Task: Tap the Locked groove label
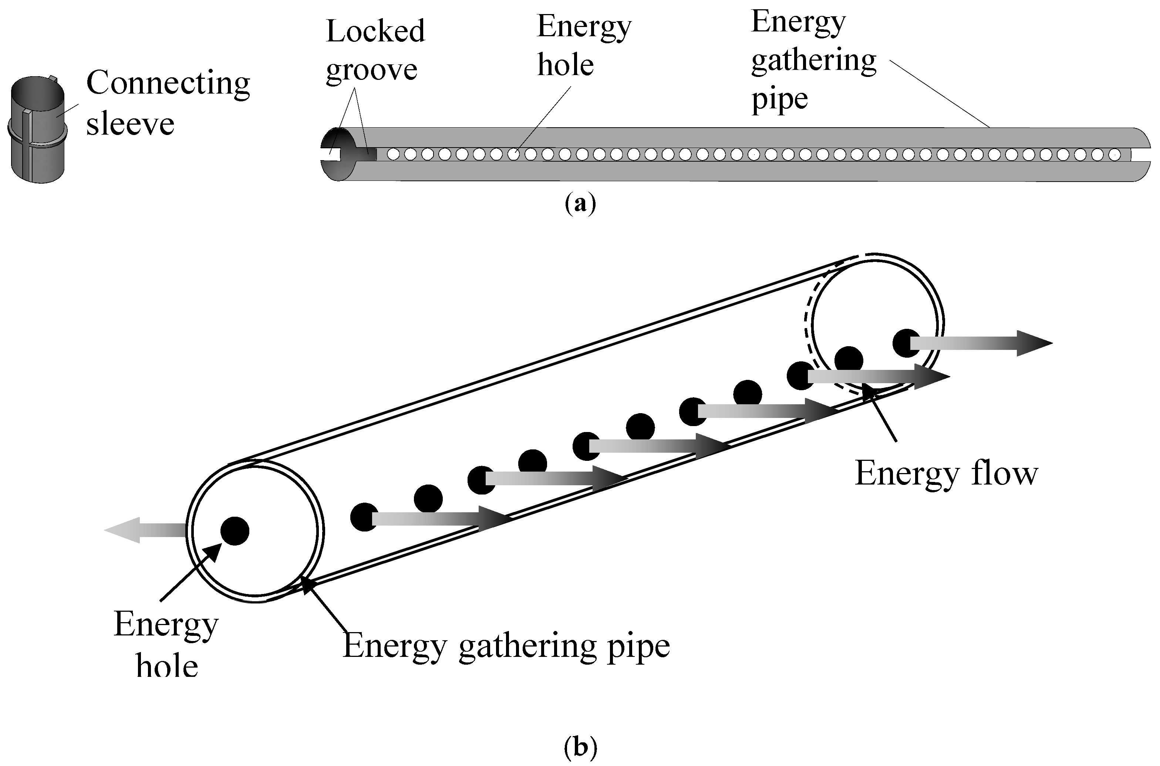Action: [375, 50]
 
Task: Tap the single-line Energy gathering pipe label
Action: [506, 646]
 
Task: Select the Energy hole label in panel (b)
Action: [166, 645]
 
